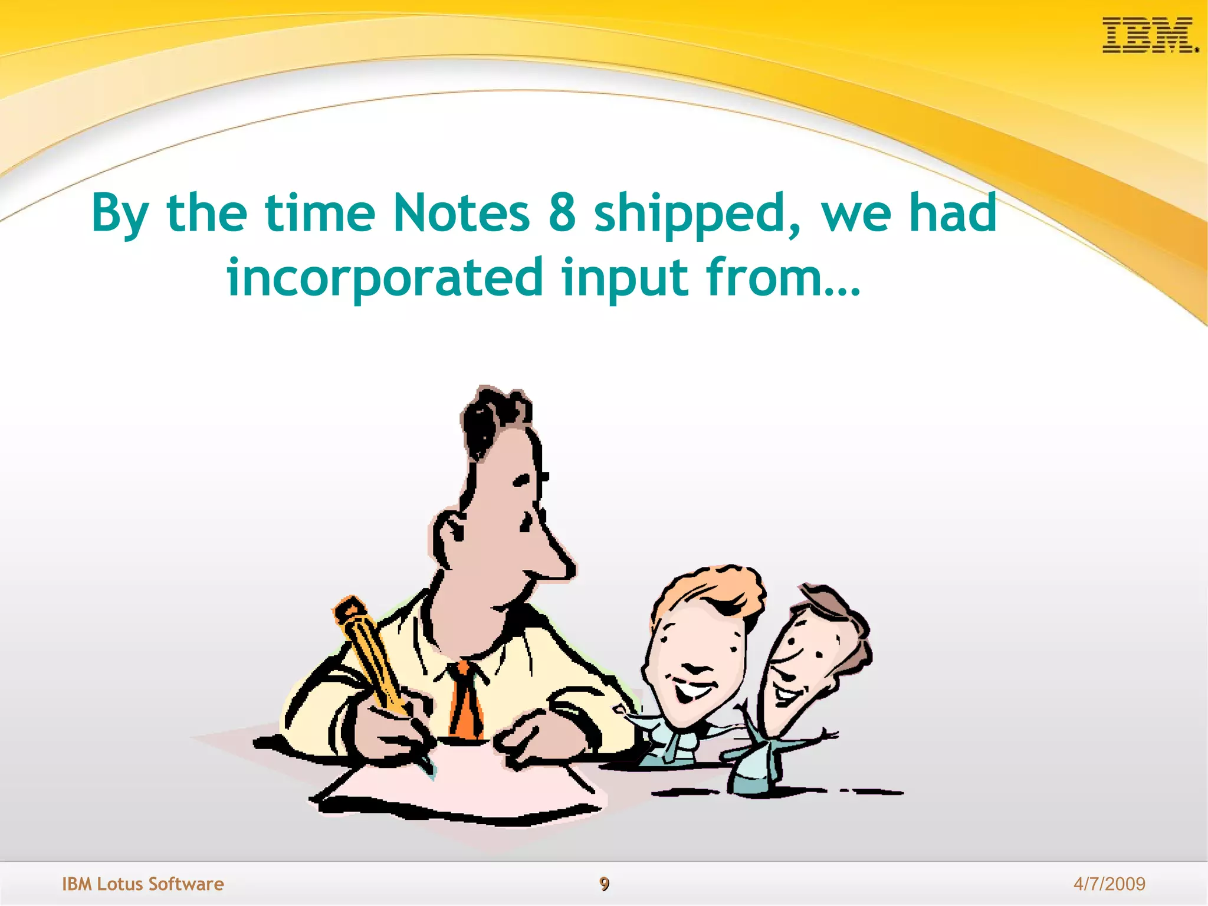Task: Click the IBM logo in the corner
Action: pyautogui.click(x=1149, y=35)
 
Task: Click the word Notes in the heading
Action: pyautogui.click(x=461, y=213)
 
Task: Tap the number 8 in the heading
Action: pyautogui.click(x=562, y=213)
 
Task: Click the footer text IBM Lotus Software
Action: pyautogui.click(x=143, y=884)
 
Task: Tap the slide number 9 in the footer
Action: pyautogui.click(x=604, y=884)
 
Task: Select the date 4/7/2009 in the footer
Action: pyautogui.click(x=1109, y=884)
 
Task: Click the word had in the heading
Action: pyautogui.click(x=952, y=213)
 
